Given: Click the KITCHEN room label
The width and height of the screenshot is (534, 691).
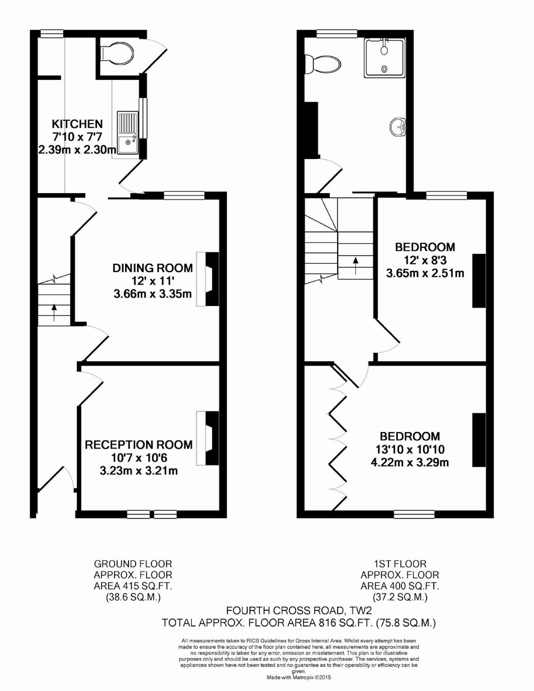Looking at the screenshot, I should [x=77, y=124].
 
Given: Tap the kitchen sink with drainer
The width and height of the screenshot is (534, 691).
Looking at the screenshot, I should [x=128, y=132].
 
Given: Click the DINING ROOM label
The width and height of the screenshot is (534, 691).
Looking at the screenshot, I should [x=153, y=268].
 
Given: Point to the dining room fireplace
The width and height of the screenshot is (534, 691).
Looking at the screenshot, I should [x=208, y=279].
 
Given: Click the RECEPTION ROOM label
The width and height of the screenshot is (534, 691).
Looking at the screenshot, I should [x=139, y=445].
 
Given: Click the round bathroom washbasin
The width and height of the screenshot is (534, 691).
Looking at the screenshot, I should [x=398, y=127].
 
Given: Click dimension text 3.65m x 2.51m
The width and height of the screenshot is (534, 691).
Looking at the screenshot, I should [x=425, y=273].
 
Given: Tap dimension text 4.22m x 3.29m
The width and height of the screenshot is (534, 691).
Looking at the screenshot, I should [x=409, y=463].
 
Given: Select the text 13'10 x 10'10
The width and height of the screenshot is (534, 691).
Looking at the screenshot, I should [x=410, y=449].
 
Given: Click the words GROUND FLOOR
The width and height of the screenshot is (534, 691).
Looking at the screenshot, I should [x=133, y=563].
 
